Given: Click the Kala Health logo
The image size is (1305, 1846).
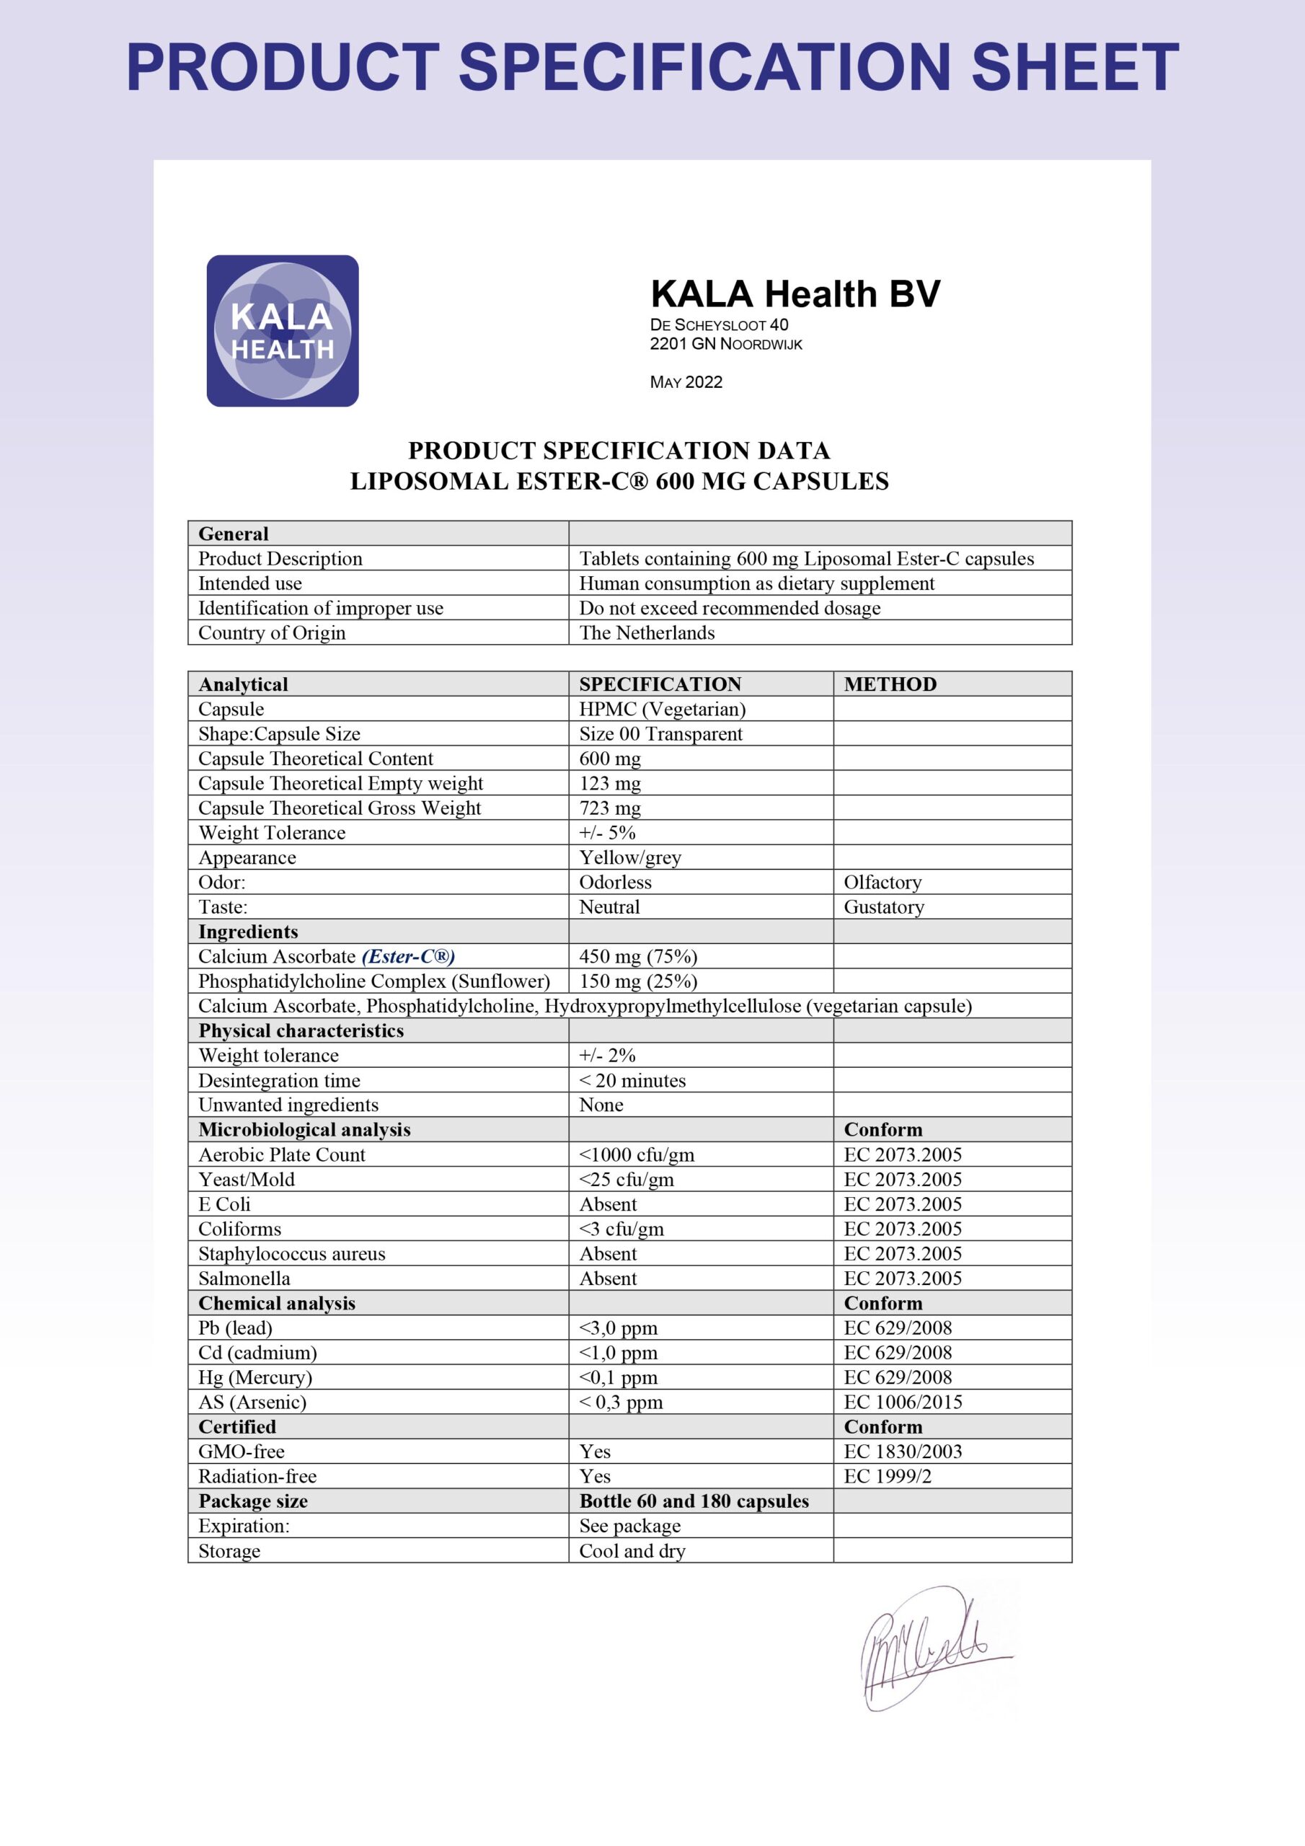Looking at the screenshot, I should (x=282, y=330).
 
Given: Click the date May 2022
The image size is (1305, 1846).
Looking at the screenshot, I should (x=686, y=382).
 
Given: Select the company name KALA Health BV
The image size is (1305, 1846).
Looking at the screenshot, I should (x=795, y=294).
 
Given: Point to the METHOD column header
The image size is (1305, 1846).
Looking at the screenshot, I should (x=890, y=684).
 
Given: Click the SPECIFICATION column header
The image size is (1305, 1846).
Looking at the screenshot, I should (x=660, y=684).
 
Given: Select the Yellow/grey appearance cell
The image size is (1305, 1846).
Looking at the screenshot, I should (x=629, y=857).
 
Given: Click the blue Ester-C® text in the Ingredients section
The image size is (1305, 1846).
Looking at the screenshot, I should (x=409, y=956).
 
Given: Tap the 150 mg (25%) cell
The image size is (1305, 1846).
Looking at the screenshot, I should (x=637, y=981).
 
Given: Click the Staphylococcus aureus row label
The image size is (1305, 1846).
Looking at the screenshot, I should (x=292, y=1253).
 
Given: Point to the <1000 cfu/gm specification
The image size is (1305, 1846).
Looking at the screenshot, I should (x=636, y=1154).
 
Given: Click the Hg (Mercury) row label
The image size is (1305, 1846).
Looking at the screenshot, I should (x=255, y=1377).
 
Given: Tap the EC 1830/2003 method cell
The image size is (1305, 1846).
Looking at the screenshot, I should (x=902, y=1452).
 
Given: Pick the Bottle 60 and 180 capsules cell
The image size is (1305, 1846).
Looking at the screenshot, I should (x=694, y=1501).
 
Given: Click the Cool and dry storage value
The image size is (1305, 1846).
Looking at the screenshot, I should (x=632, y=1551).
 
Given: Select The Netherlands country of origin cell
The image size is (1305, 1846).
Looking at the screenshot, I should (x=647, y=632).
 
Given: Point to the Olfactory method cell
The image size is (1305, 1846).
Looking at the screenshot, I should (x=882, y=882).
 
